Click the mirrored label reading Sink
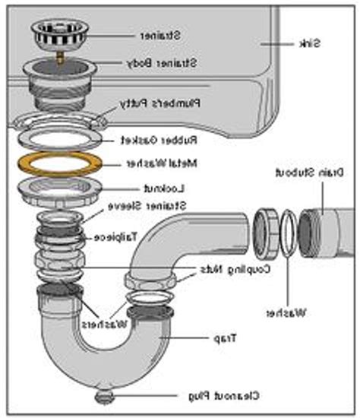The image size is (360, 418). point(311,43)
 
